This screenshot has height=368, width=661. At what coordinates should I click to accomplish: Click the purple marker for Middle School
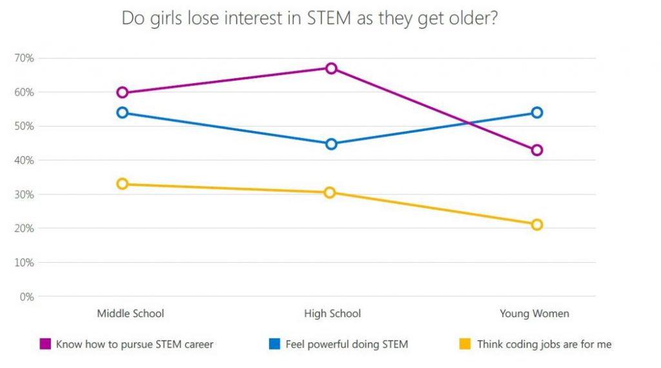(x=123, y=92)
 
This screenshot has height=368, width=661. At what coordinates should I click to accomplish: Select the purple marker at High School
(x=331, y=68)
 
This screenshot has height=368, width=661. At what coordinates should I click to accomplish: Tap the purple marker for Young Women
(x=536, y=150)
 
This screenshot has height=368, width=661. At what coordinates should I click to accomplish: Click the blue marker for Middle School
(x=123, y=113)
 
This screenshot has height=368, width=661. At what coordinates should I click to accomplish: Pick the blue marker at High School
(x=331, y=144)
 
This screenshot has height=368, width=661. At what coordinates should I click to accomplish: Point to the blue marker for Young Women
(x=536, y=113)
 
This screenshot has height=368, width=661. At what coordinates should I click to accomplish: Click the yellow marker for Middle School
(x=123, y=184)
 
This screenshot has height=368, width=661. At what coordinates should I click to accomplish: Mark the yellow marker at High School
(x=330, y=192)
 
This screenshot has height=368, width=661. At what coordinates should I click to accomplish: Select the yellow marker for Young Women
(x=536, y=225)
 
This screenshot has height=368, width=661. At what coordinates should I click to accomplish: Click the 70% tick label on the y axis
(x=24, y=58)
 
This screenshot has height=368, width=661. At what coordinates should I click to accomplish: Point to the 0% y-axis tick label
(x=26, y=297)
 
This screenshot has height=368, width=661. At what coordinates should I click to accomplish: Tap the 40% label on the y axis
(x=24, y=160)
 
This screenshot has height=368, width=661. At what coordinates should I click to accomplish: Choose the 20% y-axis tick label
(x=24, y=229)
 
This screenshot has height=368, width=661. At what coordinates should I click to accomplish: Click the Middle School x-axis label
(x=130, y=314)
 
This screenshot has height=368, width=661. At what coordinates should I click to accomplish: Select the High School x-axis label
(x=332, y=314)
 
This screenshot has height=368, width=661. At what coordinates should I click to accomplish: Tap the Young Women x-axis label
(x=534, y=314)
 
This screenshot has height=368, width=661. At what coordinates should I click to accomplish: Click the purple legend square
(x=45, y=344)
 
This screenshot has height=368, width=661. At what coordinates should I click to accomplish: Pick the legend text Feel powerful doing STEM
(x=347, y=344)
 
